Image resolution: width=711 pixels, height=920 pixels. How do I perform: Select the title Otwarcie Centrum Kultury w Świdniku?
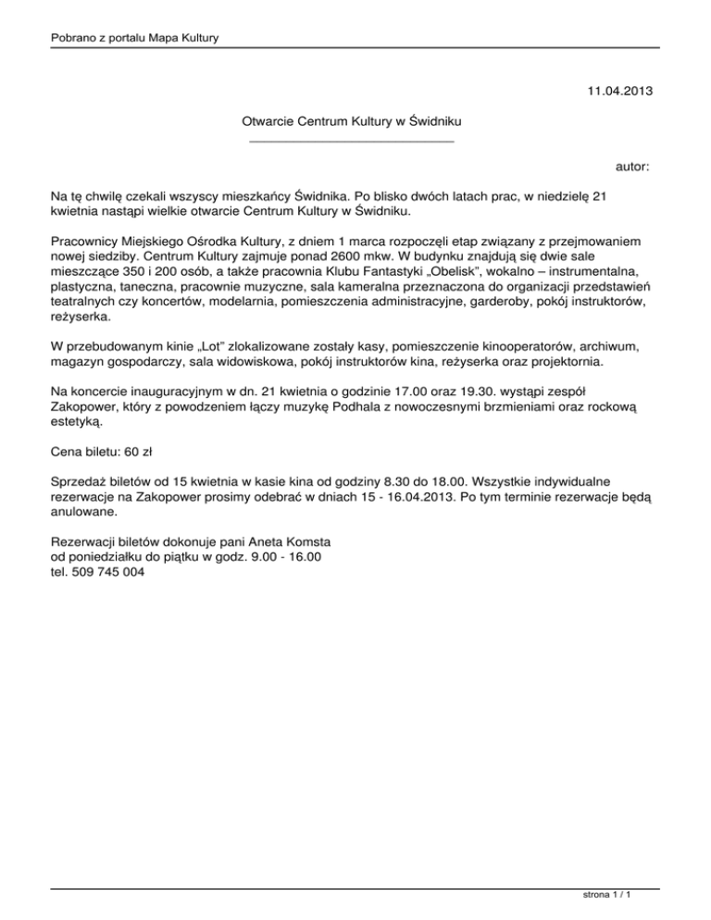click(352, 121)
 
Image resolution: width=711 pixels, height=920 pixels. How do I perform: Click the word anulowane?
click(84, 510)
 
